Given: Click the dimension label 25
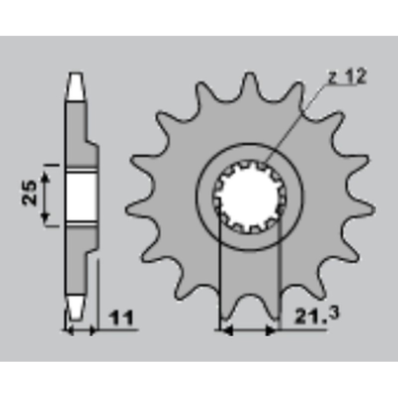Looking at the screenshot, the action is pyautogui.click(x=29, y=193).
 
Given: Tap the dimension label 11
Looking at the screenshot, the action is pyautogui.click(x=120, y=317).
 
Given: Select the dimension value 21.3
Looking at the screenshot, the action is pyautogui.click(x=316, y=315).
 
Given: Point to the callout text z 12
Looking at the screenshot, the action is pyautogui.click(x=347, y=76).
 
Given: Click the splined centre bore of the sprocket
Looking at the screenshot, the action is pyautogui.click(x=249, y=197).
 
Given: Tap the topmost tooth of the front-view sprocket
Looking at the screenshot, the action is pyautogui.click(x=250, y=84).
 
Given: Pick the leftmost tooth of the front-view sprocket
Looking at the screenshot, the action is pyautogui.click(x=138, y=209).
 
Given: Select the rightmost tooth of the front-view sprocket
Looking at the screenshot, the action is pyautogui.click(x=362, y=209).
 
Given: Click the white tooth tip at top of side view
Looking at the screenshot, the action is pyautogui.click(x=76, y=86).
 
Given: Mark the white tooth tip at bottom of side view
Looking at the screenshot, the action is pyautogui.click(x=76, y=307).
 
